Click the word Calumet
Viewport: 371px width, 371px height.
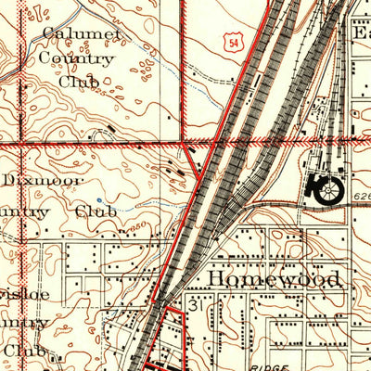pos(82,35)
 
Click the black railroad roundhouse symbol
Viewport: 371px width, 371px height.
pos(329,189)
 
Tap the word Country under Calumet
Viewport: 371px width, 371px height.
pos(77,59)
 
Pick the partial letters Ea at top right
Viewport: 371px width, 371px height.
pos(359,32)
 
